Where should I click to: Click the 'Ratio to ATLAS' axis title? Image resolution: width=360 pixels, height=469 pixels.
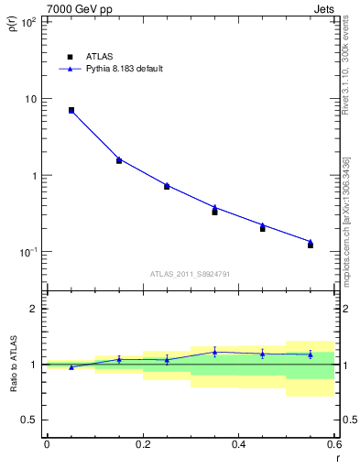click(12, 365)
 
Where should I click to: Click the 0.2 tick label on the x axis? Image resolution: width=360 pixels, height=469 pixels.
click(142, 444)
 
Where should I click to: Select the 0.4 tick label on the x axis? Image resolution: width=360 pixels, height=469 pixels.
click(238, 444)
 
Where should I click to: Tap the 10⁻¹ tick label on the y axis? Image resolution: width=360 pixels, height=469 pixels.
click(28, 252)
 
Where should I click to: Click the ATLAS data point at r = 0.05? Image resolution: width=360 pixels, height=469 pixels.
click(71, 110)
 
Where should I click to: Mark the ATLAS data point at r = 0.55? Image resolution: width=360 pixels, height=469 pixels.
click(311, 245)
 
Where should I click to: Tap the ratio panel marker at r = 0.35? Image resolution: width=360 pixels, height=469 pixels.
click(214, 352)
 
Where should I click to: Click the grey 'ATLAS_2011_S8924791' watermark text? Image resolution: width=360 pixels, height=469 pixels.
click(191, 274)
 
